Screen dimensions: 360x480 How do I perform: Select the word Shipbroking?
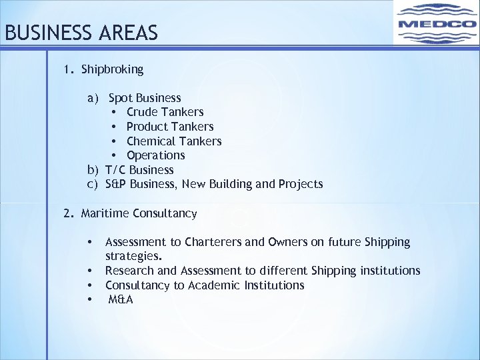click(x=112, y=69)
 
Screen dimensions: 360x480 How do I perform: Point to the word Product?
click(x=147, y=127)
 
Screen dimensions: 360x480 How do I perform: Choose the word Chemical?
click(x=151, y=141)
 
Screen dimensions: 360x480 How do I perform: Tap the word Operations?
click(x=155, y=155)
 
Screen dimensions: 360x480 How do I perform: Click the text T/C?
click(x=116, y=170)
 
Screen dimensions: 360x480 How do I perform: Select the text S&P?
click(x=116, y=184)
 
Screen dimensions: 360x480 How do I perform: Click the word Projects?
click(x=301, y=184)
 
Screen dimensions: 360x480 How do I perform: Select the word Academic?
click(x=215, y=285)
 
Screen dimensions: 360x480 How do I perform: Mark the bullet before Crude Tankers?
click(x=115, y=112)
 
